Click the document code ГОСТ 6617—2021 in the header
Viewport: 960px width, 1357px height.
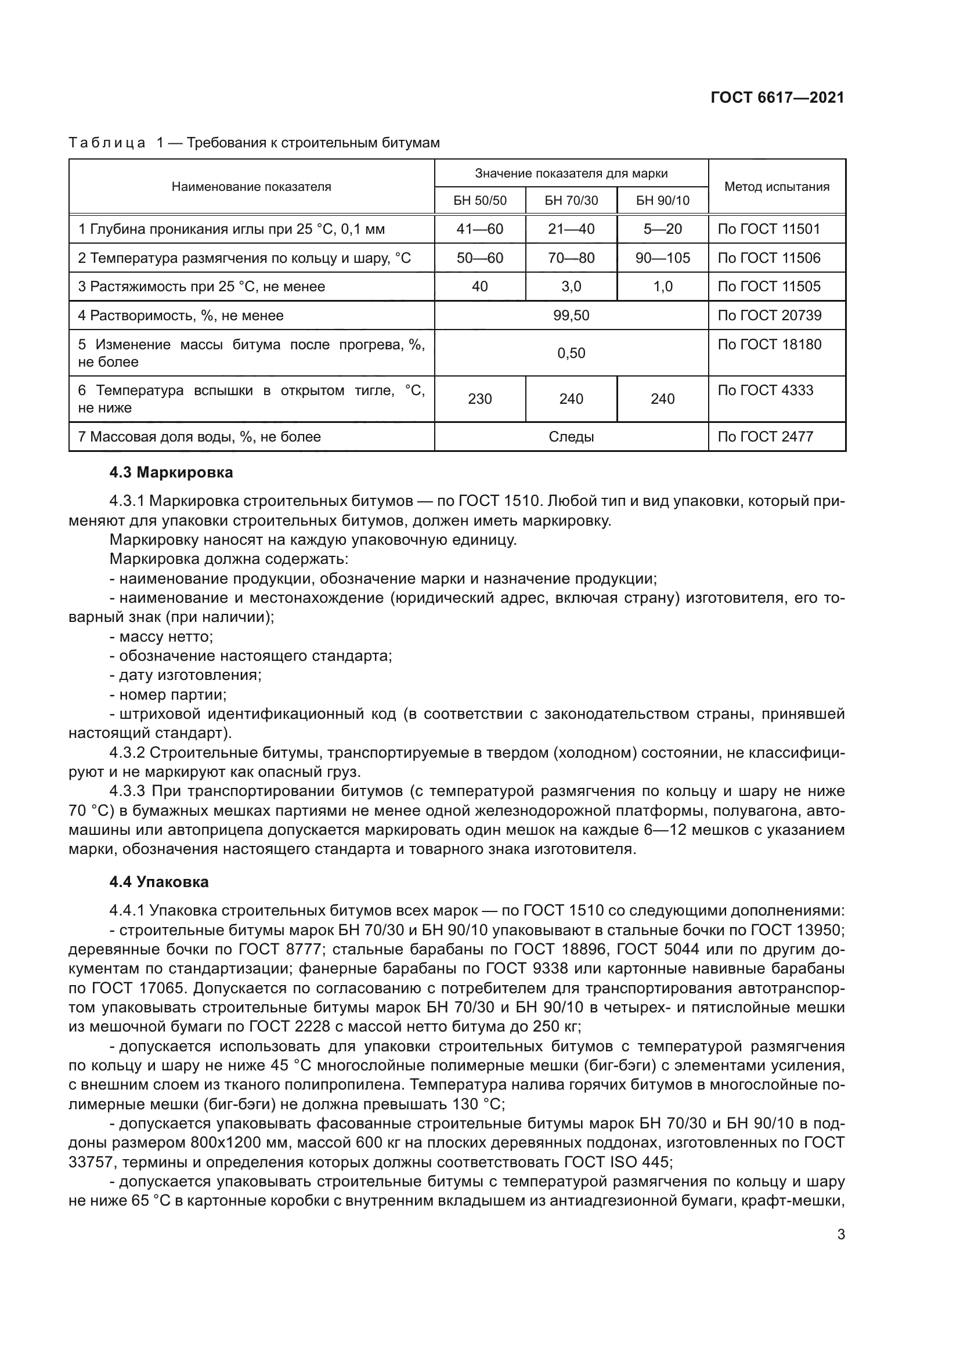(x=777, y=97)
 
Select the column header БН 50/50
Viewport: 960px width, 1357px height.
(x=479, y=200)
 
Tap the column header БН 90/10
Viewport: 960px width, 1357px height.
(x=662, y=200)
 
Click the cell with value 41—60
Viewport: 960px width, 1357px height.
(x=479, y=229)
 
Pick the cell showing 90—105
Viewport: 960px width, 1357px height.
(x=662, y=258)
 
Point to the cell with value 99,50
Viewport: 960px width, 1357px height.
(x=571, y=315)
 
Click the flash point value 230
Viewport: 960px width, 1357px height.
(x=479, y=399)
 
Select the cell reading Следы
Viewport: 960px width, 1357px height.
(x=571, y=437)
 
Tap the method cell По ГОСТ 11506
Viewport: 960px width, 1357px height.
(x=768, y=258)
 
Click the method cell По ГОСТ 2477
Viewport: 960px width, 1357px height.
(x=765, y=437)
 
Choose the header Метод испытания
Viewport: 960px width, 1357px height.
(x=776, y=187)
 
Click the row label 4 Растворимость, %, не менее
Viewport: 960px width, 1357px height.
(x=181, y=316)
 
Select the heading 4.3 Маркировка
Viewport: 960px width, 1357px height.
(x=171, y=472)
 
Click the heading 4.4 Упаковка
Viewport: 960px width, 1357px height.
(x=159, y=882)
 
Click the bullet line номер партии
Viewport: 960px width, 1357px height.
(x=168, y=694)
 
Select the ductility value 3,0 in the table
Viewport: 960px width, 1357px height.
(x=571, y=287)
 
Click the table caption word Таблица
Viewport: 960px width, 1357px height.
(x=107, y=143)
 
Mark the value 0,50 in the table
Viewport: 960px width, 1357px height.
(x=571, y=353)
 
